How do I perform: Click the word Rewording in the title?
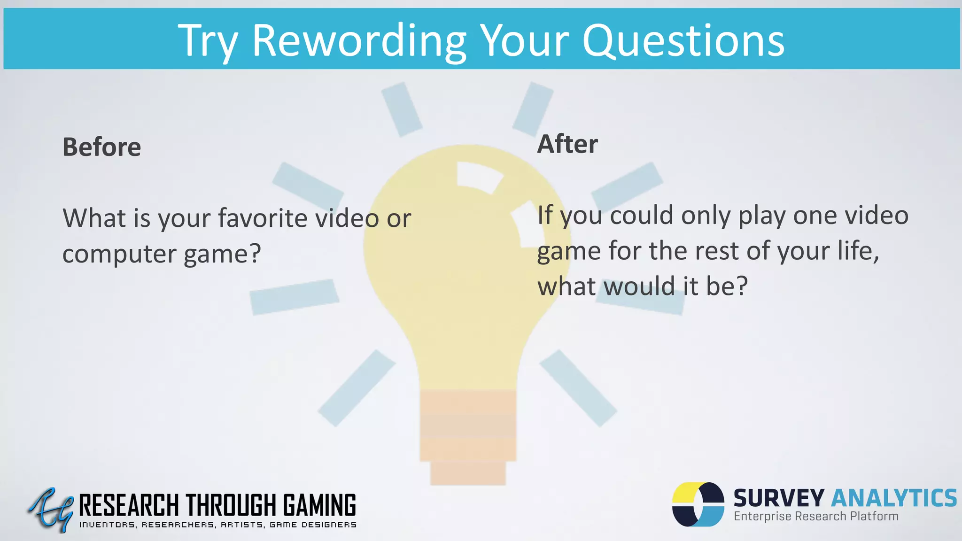point(359,41)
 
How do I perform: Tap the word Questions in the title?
point(683,41)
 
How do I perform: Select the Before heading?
point(101,147)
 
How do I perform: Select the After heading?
point(567,144)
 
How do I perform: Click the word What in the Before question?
point(93,218)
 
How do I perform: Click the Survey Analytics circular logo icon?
point(698,504)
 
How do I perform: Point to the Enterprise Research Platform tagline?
point(816,517)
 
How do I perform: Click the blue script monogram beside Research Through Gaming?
point(51,510)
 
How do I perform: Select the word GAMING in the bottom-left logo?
point(319,505)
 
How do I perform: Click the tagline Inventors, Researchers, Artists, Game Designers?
point(217,525)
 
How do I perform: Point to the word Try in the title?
point(208,41)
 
